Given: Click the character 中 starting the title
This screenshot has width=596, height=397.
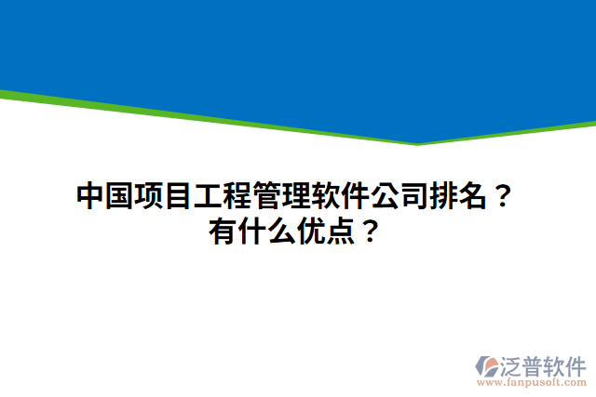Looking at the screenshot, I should [89, 197].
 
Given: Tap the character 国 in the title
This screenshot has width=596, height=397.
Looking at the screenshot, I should [119, 197].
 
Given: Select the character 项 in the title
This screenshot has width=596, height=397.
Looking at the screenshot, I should [149, 197].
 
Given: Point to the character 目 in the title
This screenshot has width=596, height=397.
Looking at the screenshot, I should [179, 197].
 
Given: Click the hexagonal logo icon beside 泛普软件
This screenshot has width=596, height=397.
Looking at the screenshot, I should [486, 365].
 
